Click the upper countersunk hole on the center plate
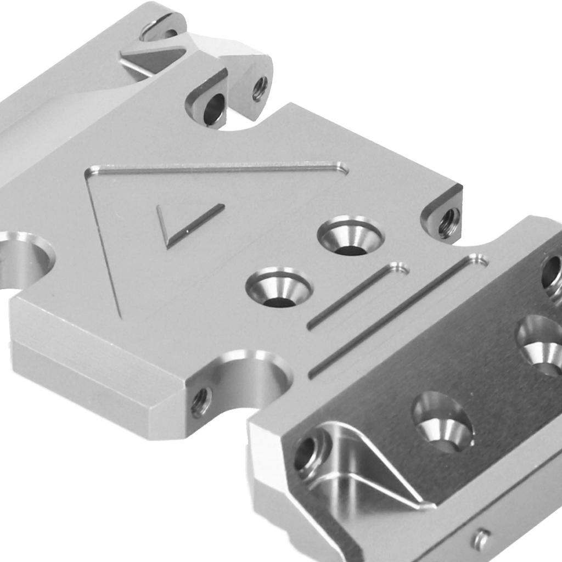[x=351, y=236]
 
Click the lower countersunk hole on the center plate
[x=279, y=288]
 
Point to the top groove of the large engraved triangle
[x=220, y=168]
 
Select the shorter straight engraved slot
[x=357, y=296]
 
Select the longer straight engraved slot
[x=395, y=317]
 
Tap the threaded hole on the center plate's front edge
[x=201, y=402]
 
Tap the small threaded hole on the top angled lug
[x=260, y=87]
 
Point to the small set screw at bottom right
[x=481, y=539]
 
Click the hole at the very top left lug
[x=162, y=30]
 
